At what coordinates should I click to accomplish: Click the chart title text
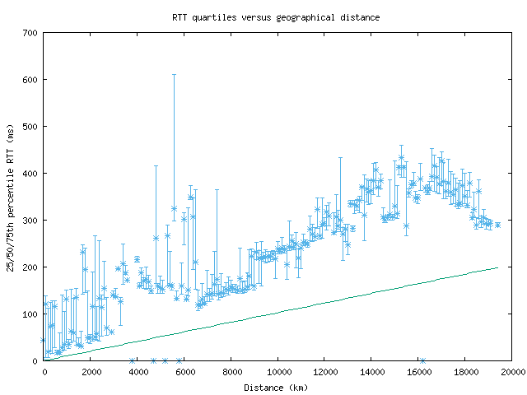(276, 16)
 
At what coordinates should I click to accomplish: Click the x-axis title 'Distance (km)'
(276, 387)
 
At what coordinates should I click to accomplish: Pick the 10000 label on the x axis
(278, 372)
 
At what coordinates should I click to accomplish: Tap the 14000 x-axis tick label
(371, 372)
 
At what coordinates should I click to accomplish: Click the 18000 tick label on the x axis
(465, 372)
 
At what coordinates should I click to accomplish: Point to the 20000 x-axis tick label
(512, 372)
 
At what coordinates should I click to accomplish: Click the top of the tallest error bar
(174, 75)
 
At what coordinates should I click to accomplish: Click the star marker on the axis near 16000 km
(422, 360)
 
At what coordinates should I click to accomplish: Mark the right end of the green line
(498, 267)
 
